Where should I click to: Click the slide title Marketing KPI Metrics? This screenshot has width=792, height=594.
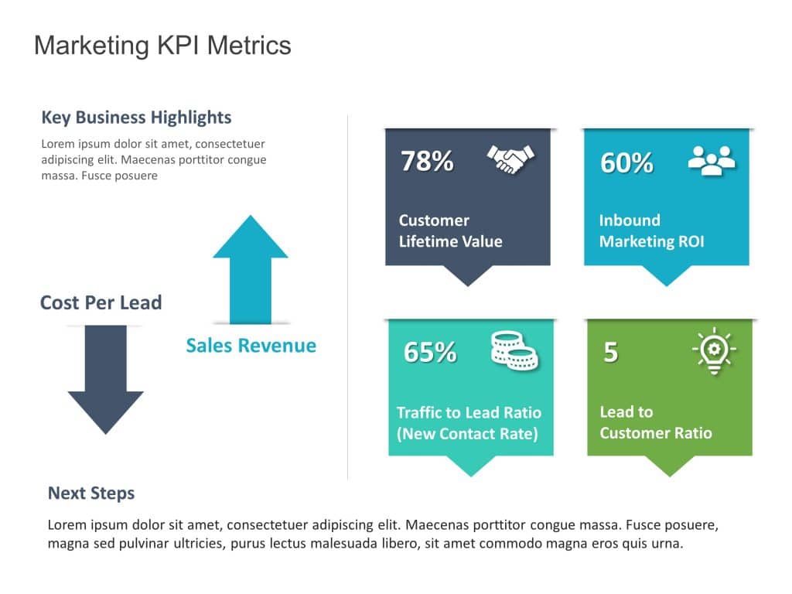click(x=162, y=46)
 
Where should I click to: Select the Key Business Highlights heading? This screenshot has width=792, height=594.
click(x=136, y=118)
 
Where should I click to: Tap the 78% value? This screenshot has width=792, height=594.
click(x=427, y=161)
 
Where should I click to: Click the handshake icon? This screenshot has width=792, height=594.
click(x=510, y=159)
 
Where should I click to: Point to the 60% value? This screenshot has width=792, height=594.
click(x=626, y=162)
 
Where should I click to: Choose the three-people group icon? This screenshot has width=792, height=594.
click(x=712, y=160)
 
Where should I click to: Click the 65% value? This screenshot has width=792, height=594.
click(x=430, y=352)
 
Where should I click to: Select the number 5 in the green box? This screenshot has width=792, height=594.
click(x=610, y=352)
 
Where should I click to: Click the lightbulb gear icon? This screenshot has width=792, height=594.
click(x=713, y=350)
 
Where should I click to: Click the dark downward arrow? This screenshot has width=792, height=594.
click(x=105, y=379)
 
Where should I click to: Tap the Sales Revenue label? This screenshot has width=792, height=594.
click(x=251, y=345)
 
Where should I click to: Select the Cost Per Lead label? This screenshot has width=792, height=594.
click(x=101, y=302)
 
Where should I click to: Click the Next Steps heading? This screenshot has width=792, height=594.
click(x=91, y=493)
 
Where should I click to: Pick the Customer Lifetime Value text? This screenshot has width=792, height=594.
click(x=450, y=230)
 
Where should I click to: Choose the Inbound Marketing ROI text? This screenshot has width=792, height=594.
click(x=651, y=230)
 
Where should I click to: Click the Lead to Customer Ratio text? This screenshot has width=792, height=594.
click(x=655, y=422)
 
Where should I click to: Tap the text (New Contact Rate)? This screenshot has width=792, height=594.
click(x=467, y=434)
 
